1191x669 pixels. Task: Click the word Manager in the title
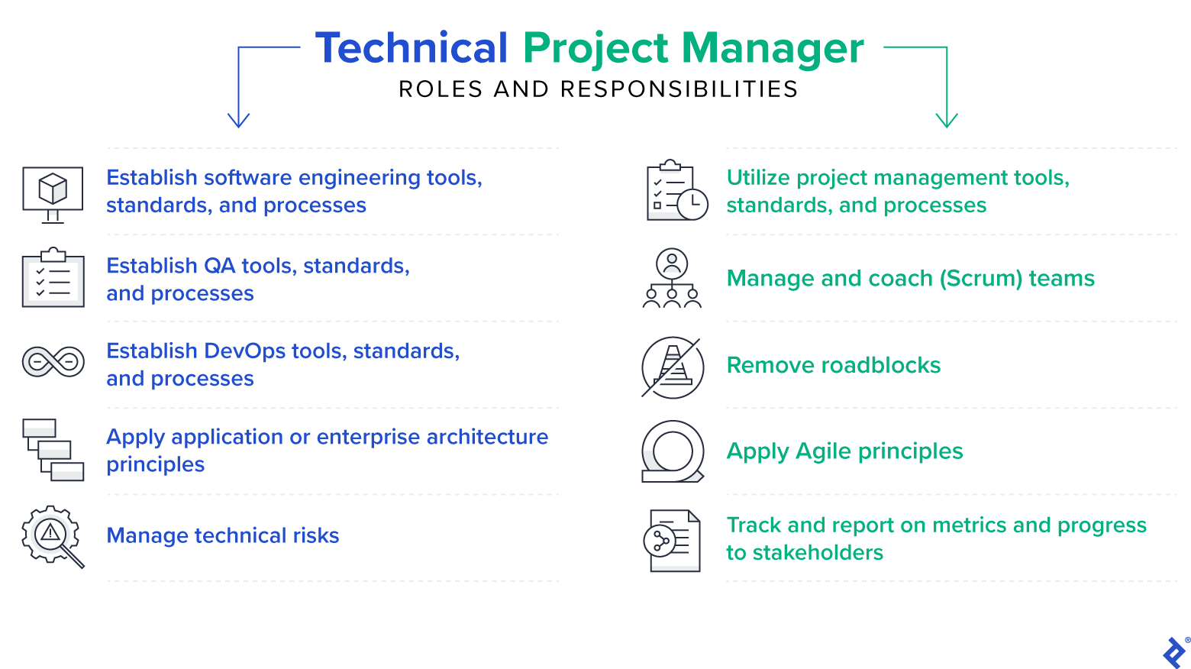772,48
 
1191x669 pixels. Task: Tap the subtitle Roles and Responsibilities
598,89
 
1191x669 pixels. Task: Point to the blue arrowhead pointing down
238,120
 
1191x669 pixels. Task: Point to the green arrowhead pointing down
947,120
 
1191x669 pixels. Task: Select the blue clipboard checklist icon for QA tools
53,278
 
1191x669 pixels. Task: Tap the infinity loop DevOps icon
53,361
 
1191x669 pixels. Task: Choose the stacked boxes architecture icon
53,450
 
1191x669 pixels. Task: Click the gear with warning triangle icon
51,535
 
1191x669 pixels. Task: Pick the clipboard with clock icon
676,192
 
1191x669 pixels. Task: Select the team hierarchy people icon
672,278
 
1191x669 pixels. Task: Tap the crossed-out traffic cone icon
672,367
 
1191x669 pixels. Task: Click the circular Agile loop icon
672,451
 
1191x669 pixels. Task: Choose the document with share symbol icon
672,541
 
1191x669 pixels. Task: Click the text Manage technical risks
222,535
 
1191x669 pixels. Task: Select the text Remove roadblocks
833,365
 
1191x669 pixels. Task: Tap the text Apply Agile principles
844,451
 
